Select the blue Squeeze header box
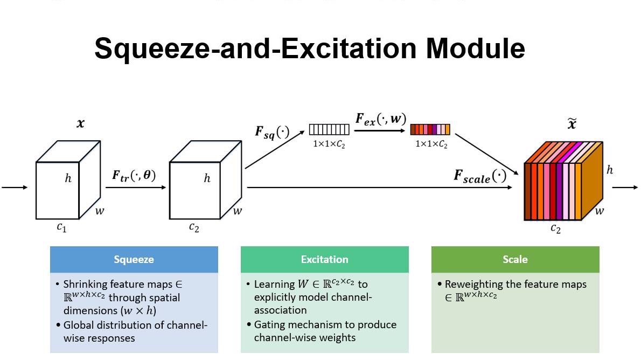tap(134, 259)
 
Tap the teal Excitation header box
tap(324, 259)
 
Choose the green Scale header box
tap(515, 259)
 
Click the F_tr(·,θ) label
tap(134, 175)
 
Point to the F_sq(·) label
tap(272, 132)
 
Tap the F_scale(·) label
tap(480, 176)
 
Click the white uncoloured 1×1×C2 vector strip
tap(329, 130)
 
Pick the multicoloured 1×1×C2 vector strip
tap(430, 130)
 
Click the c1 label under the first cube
tap(62, 227)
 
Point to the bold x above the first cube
tap(81, 123)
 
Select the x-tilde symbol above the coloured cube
tap(572, 123)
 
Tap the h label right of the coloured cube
tap(610, 170)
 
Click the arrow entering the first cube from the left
tap(15, 188)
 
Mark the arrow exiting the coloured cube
tap(625, 188)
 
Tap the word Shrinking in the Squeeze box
tap(86, 284)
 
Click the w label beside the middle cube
tap(238, 211)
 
